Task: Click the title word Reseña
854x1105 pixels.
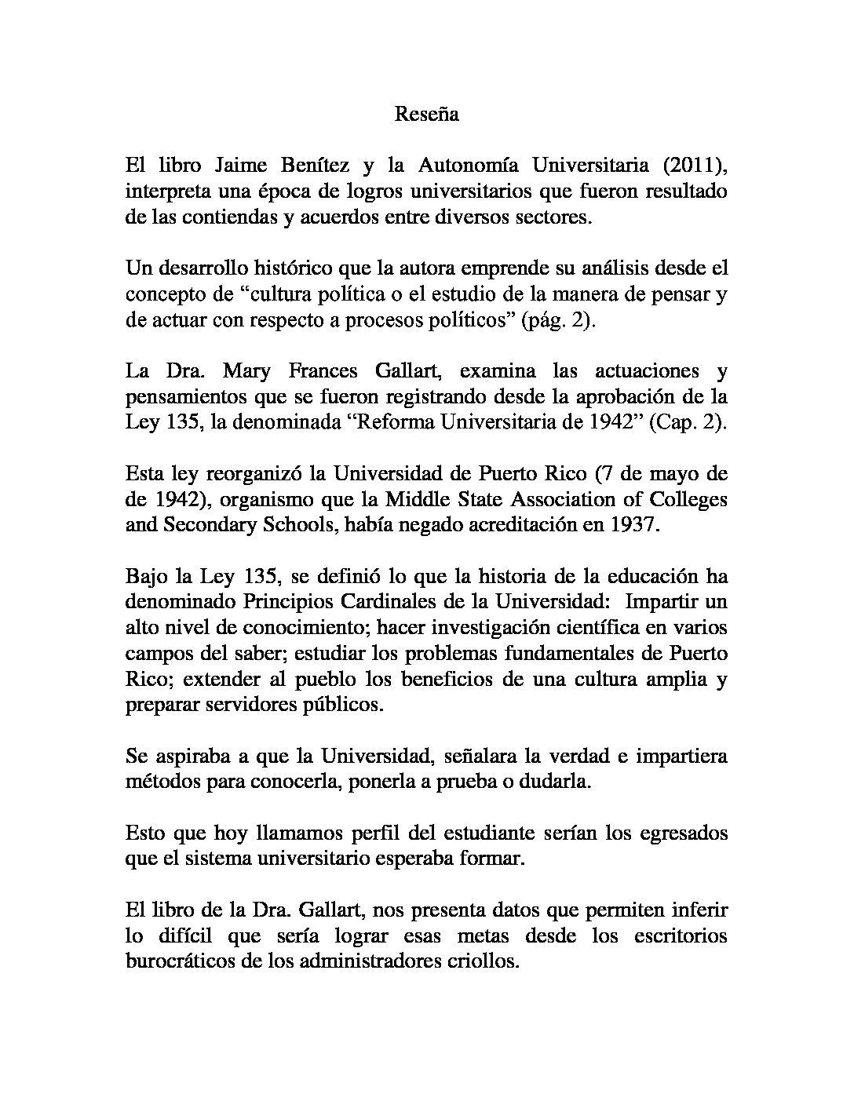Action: point(426,115)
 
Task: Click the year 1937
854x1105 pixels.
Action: point(631,525)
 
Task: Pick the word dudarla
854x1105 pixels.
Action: point(553,782)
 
